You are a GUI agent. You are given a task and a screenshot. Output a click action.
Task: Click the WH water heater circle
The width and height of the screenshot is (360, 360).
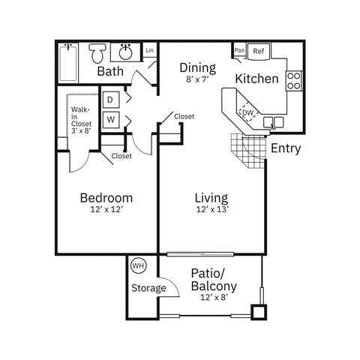[x=138, y=266]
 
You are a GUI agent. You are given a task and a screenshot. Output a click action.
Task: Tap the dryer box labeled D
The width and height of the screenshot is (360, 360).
[x=110, y=100]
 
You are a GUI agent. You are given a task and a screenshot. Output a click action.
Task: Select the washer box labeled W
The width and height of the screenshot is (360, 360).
[x=110, y=119]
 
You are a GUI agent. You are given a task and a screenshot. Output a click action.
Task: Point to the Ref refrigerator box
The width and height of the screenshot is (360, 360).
[x=259, y=52]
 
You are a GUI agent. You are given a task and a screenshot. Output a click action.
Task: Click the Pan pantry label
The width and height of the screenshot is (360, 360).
[x=239, y=51]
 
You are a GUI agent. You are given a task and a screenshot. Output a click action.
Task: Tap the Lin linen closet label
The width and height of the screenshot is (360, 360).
[x=149, y=51]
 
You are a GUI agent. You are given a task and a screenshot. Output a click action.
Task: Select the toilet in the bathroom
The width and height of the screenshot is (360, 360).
[x=97, y=53]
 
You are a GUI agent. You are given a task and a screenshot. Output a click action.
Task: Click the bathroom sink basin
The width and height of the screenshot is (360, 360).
[x=124, y=53]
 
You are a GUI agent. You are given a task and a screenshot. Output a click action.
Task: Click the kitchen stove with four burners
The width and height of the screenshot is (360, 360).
[x=293, y=79]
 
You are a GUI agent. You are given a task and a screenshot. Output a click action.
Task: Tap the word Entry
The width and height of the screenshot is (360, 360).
[x=286, y=148]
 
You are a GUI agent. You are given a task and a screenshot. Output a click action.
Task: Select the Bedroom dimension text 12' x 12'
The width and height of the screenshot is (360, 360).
[x=106, y=211]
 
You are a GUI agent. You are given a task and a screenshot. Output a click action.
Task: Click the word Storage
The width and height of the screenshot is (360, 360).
[x=149, y=288]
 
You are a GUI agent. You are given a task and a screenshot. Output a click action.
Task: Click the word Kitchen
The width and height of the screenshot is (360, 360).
[x=257, y=79]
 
